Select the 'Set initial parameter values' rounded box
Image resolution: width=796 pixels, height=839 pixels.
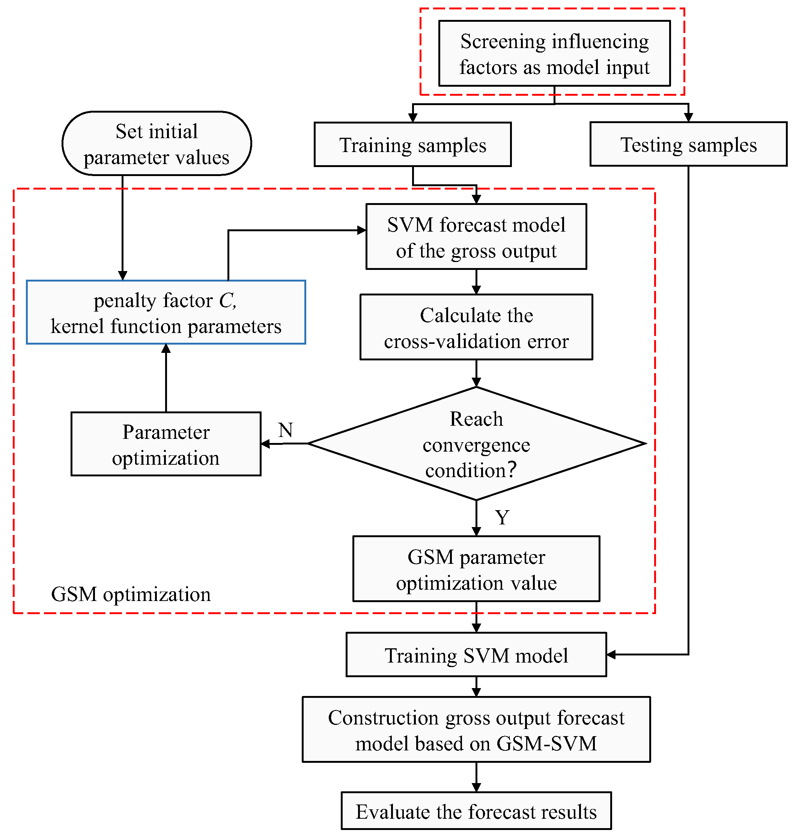coord(156,143)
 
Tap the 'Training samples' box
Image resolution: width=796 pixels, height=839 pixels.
coord(412,145)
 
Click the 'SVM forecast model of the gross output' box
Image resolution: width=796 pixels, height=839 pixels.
coord(476,237)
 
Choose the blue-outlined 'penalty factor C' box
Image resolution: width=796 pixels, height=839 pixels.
coord(166,312)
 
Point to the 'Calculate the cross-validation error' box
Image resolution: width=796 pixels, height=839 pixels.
coord(476,327)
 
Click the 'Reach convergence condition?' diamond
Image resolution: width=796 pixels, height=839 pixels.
coord(476,444)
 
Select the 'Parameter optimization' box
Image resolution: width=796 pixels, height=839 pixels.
coord(166,444)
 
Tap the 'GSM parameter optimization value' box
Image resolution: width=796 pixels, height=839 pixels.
coord(476,569)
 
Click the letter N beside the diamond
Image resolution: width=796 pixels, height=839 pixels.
coord(286,430)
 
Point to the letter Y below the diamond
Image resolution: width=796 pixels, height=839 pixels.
coord(502,518)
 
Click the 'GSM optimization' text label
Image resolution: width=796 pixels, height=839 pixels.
coord(131,595)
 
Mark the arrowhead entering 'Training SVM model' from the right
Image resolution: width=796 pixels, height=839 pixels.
coord(611,655)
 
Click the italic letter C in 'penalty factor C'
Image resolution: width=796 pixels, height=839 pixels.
coord(226,300)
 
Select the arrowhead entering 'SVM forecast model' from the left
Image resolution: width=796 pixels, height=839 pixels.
coord(361,230)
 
